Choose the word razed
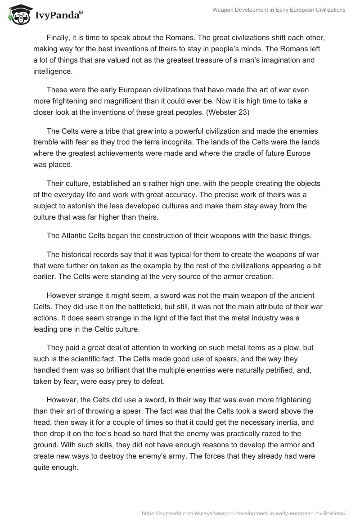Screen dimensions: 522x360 [x=288, y=434]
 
